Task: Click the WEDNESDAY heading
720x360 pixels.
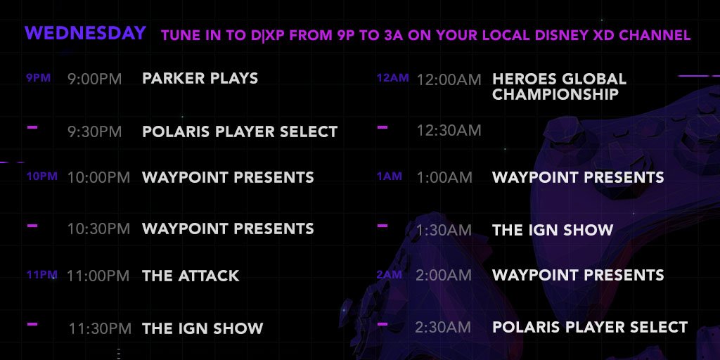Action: [x=85, y=33]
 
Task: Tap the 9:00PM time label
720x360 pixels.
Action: [x=95, y=79]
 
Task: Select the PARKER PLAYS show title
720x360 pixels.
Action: [x=200, y=78]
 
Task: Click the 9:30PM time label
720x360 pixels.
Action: [x=95, y=131]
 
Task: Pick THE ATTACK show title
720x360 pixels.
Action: [x=191, y=276]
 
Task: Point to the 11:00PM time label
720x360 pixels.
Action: [x=98, y=276]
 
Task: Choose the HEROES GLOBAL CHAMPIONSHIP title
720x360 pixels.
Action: [x=559, y=86]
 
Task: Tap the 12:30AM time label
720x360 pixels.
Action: [x=449, y=130]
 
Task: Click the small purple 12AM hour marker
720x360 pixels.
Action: [x=392, y=78]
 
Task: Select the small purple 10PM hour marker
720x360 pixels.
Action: [x=41, y=176]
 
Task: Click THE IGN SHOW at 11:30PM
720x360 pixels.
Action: [x=202, y=328]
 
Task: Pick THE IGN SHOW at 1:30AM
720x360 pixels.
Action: [x=553, y=230]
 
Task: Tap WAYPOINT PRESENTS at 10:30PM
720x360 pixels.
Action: [x=229, y=229]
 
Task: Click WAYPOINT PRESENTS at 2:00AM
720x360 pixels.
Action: [x=578, y=275]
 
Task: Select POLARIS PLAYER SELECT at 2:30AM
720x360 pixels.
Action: [x=590, y=327]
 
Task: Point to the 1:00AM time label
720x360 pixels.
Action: [x=444, y=177]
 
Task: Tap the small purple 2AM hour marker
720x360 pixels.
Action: [x=390, y=275]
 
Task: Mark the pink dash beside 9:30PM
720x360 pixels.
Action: [x=32, y=127]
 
